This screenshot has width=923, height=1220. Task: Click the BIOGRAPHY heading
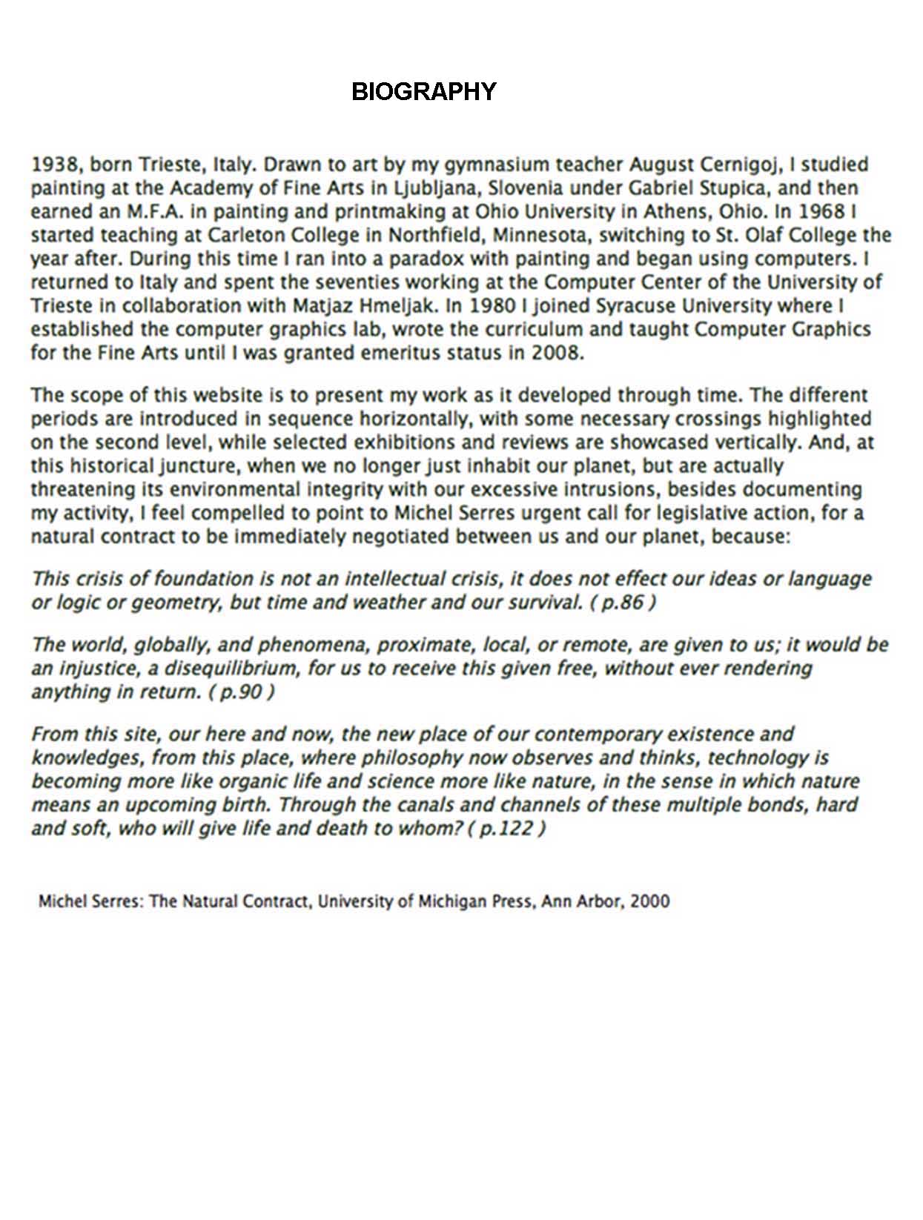point(423,91)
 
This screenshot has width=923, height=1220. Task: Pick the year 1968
point(824,211)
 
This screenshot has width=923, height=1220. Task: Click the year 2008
point(556,352)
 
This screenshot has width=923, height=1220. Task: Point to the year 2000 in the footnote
point(649,901)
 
